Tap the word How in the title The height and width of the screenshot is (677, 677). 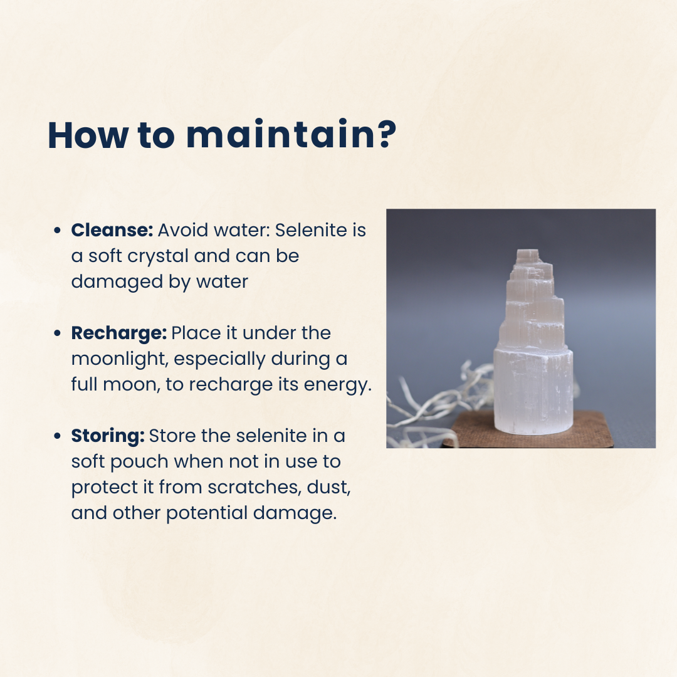coord(88,135)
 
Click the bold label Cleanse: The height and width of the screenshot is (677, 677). coord(112,230)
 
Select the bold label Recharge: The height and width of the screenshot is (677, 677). coord(118,333)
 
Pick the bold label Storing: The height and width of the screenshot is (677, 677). coord(108,436)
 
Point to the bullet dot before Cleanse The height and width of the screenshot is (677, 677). coord(58,231)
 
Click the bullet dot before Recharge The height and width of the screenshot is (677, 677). coord(58,333)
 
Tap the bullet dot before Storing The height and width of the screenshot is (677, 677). coord(58,436)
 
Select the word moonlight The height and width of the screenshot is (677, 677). coord(120,359)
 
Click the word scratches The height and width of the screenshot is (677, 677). coord(255,488)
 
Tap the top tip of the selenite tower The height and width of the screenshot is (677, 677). coord(528,250)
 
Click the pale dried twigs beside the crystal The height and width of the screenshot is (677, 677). coord(436,406)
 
